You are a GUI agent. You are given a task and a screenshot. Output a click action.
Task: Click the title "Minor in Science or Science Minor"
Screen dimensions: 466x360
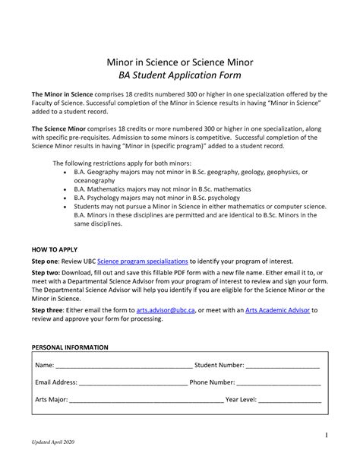[179, 62]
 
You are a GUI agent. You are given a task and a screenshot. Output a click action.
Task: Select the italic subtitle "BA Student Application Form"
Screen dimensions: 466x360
[179, 76]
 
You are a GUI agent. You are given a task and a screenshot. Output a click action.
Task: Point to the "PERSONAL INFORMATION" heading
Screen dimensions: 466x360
[70, 347]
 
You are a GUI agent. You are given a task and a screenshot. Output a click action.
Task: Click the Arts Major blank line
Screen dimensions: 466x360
[147, 400]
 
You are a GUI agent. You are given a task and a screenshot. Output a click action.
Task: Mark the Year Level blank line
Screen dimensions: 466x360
[291, 400]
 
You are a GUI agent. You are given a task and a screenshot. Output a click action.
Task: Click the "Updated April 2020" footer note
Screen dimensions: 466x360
[52, 442]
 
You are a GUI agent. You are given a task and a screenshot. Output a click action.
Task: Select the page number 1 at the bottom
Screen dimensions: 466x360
[326, 435]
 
